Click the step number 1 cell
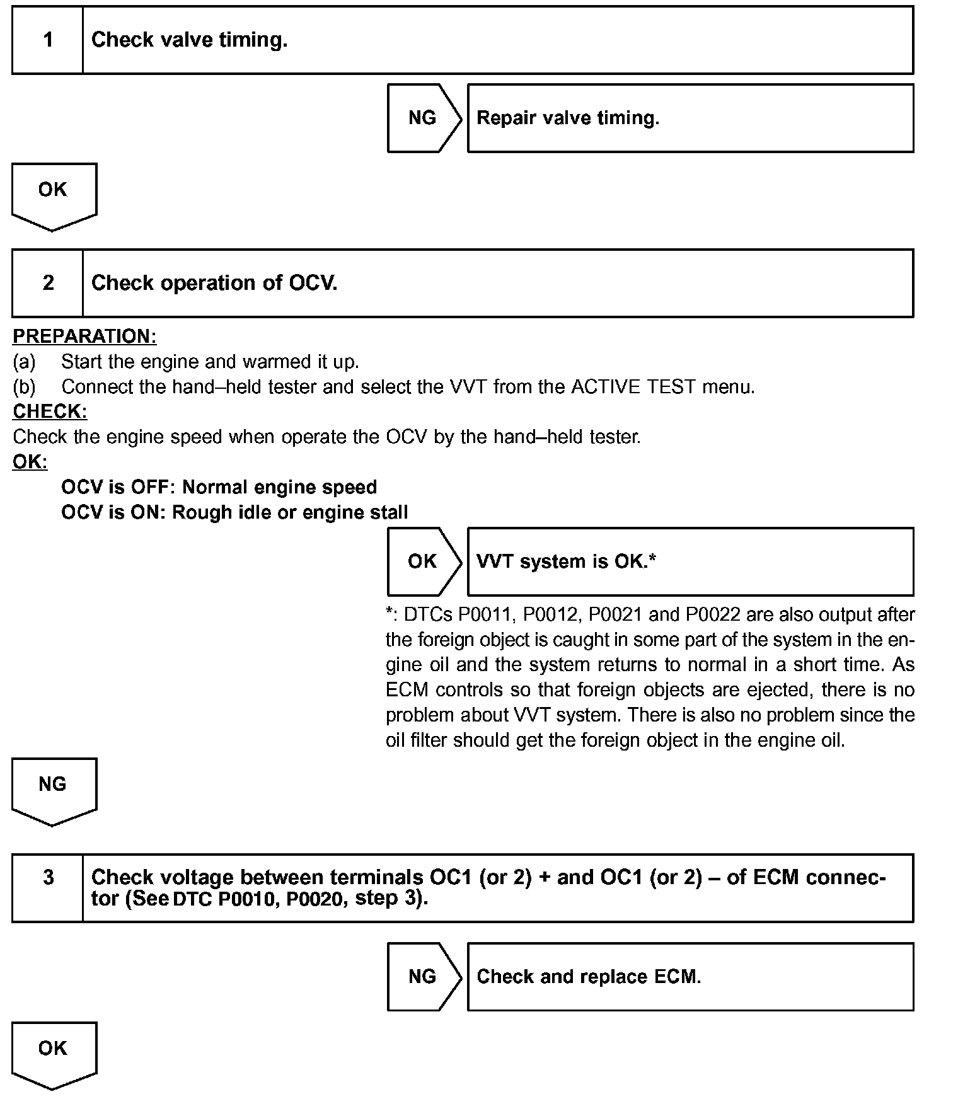point(48,40)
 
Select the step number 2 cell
point(48,283)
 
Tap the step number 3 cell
point(48,887)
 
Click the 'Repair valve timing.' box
point(690,118)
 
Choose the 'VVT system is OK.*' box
point(690,561)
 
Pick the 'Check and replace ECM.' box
point(690,977)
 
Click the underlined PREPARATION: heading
point(84,337)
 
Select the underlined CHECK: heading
point(50,411)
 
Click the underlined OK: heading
point(30,462)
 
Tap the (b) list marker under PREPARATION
point(24,386)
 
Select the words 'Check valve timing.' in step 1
point(189,40)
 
